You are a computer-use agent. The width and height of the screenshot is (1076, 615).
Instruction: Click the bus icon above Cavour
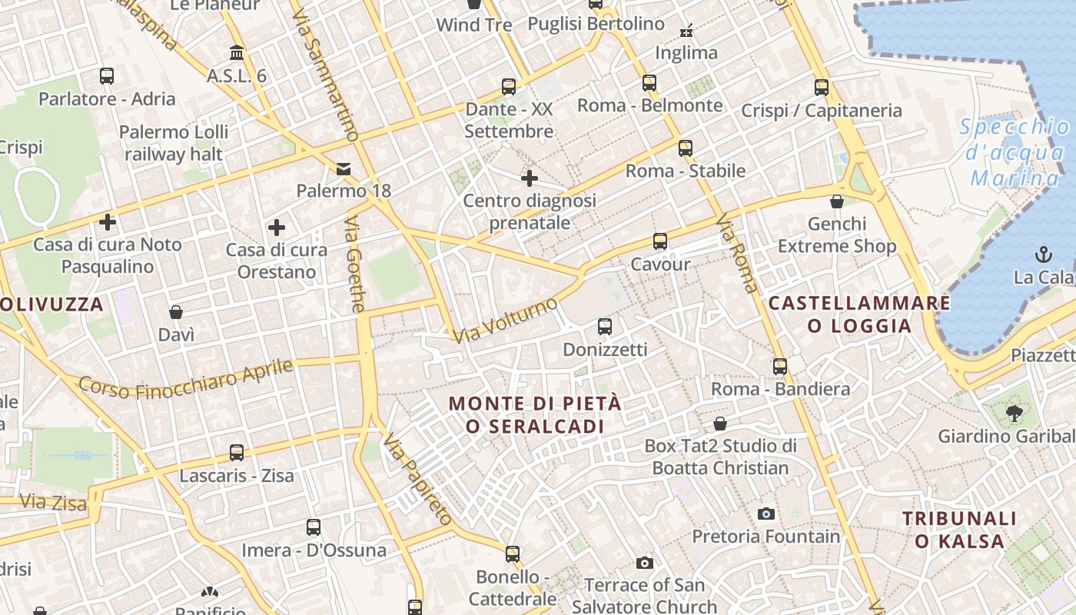point(659,241)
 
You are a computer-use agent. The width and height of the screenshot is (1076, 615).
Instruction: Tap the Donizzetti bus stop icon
point(605,327)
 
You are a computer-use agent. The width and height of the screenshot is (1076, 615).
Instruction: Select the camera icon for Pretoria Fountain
point(765,514)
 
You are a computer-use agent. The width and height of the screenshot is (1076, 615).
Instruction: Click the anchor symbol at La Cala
point(1043,254)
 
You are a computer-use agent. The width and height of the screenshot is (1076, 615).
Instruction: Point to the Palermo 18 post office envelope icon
point(343,168)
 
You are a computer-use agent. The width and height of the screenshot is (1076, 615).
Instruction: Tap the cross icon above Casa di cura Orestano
point(277,227)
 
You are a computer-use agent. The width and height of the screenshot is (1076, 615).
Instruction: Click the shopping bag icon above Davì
point(176,312)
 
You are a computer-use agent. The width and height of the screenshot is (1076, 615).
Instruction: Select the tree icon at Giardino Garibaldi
point(1015,413)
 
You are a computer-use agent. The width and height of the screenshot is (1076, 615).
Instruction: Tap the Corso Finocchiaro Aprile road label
point(186,380)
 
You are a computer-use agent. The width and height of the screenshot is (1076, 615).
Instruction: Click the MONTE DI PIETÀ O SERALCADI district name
point(535,414)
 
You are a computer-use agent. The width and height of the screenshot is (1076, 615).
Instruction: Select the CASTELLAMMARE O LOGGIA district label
point(859,314)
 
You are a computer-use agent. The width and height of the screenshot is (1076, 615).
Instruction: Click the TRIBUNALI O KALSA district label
point(959,530)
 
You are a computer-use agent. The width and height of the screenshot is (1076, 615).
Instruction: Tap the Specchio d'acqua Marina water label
point(1015,153)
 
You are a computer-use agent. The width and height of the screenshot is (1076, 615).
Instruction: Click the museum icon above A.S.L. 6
point(237,53)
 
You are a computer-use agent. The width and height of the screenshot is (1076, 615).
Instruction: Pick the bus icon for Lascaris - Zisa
point(237,453)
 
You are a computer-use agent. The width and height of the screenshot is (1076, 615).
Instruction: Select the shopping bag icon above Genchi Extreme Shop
point(837,201)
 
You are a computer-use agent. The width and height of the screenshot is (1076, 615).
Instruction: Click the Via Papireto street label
point(417,479)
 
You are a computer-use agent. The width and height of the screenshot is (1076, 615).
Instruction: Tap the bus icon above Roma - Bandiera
point(780,366)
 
